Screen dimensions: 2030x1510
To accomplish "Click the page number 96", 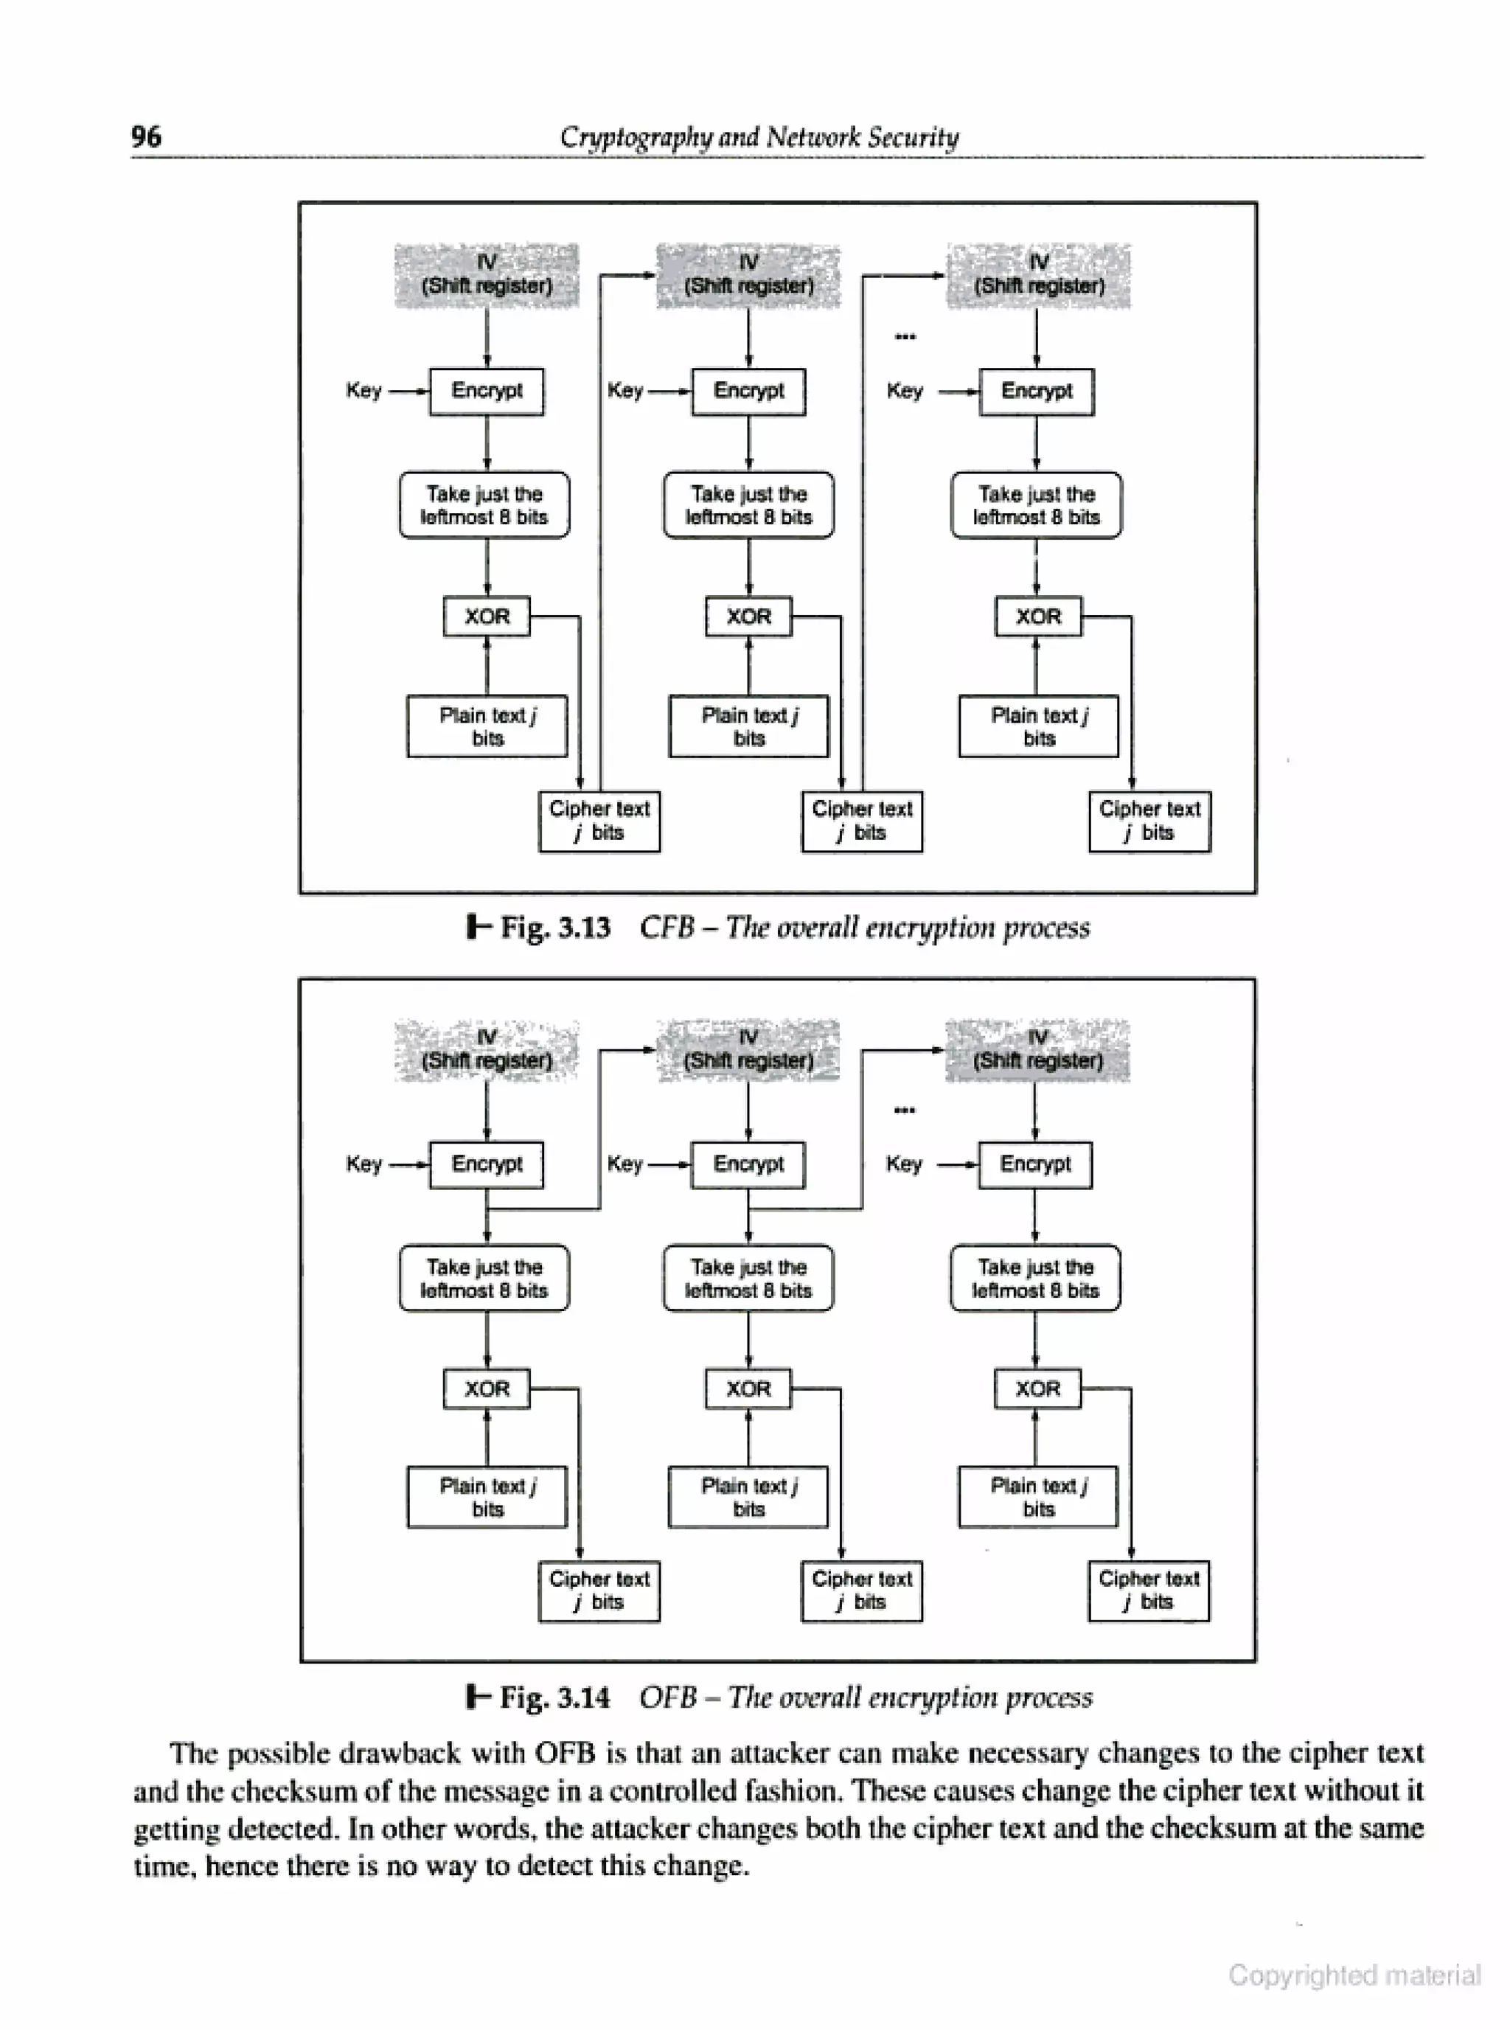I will coord(146,137).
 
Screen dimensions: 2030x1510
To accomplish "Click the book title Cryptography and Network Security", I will coord(759,137).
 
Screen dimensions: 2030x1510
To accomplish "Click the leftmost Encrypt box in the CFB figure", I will coord(487,392).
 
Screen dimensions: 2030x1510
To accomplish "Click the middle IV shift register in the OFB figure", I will coord(748,1049).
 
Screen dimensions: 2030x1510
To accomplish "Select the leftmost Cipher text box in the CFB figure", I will coord(599,821).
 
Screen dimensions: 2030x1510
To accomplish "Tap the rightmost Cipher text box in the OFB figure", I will coord(1148,1591).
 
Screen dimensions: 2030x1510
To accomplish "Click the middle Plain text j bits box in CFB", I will coord(748,726).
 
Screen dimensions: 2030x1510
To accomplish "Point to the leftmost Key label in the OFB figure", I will coord(363,1164).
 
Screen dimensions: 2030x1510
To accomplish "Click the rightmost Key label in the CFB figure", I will coord(904,392).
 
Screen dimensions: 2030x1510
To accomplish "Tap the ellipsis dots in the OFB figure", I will coord(904,1110).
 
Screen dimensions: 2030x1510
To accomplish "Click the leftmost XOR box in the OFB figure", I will coord(487,1388).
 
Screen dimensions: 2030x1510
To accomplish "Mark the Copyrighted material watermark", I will coord(1354,1975).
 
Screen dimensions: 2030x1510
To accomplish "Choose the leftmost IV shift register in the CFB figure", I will coord(487,274).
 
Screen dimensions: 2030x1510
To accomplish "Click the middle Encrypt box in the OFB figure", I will coord(748,1164).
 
